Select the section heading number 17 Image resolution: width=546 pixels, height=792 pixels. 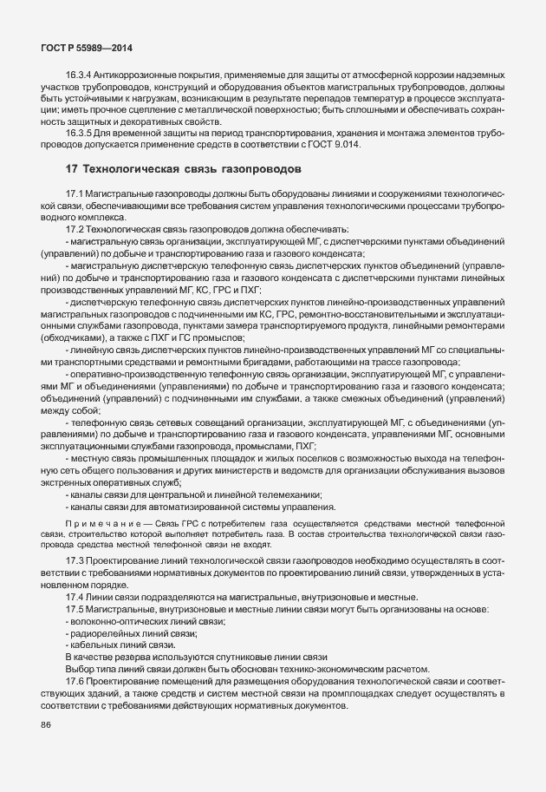point(72,167)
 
